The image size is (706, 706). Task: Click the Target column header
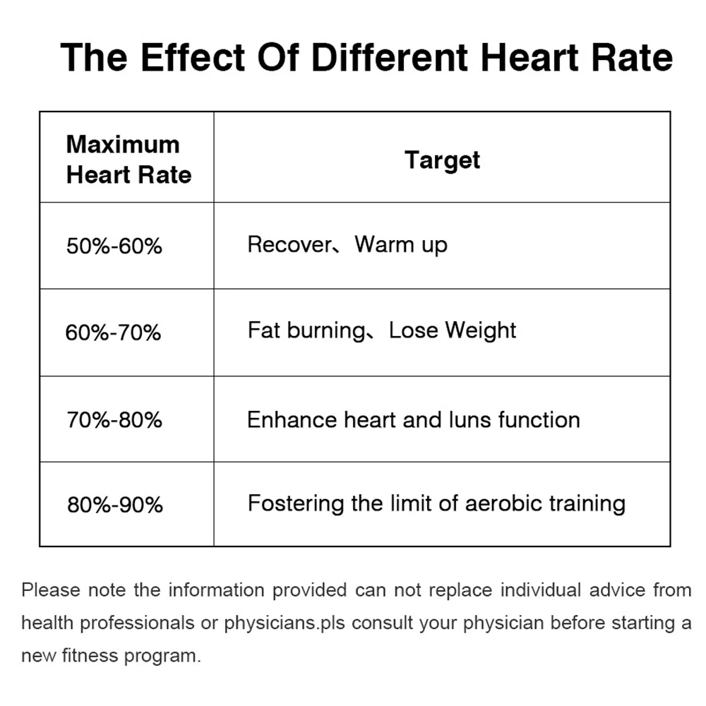[x=442, y=160]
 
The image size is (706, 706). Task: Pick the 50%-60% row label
[x=114, y=246]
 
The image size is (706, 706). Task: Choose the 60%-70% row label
[x=114, y=332]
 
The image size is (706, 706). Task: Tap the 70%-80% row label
[x=114, y=420]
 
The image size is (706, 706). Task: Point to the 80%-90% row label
[x=115, y=505]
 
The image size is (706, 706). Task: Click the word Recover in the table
[x=289, y=245]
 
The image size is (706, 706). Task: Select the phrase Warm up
[x=401, y=246]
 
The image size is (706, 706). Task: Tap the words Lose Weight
[x=453, y=330]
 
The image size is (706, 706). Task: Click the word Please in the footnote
[x=51, y=590]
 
